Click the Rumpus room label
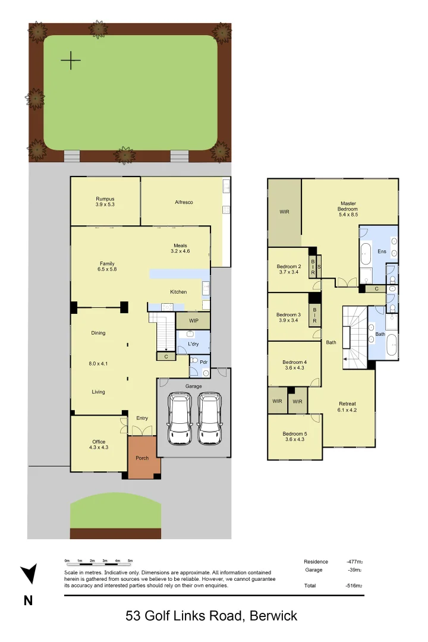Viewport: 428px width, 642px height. [105, 199]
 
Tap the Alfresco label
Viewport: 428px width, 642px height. [184, 202]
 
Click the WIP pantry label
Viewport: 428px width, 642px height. [193, 320]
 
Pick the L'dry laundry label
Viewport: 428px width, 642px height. [193, 344]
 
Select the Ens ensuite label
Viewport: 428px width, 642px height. [382, 252]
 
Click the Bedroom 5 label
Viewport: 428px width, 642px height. [295, 433]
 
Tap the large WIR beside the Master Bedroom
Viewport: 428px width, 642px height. [284, 212]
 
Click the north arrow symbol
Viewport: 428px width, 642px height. [28, 574]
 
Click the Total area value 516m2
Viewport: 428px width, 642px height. [354, 586]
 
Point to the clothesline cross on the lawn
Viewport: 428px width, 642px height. [71, 60]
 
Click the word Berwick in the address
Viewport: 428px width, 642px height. [273, 616]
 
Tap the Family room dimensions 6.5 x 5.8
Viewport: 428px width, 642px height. [107, 270]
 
